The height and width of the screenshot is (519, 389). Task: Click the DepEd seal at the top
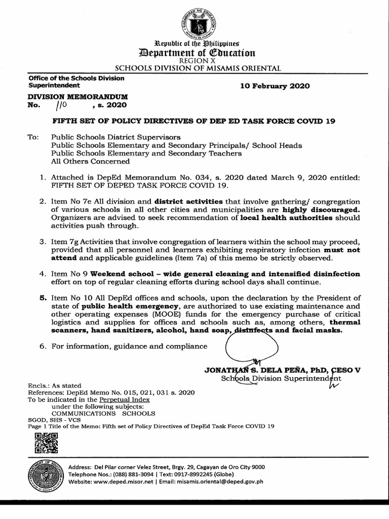(198, 24)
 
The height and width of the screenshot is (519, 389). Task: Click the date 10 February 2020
(275, 86)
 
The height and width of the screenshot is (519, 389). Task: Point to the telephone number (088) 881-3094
(130, 474)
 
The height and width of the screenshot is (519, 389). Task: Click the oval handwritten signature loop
(251, 345)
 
